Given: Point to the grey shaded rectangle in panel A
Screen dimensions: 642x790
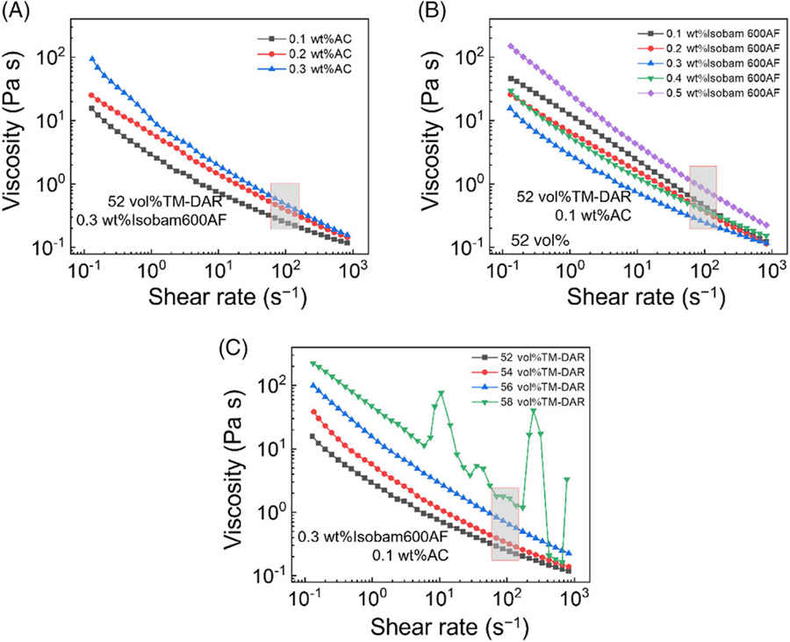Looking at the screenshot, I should [284, 206].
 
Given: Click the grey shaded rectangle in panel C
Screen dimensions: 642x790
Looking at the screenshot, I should [505, 523].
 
